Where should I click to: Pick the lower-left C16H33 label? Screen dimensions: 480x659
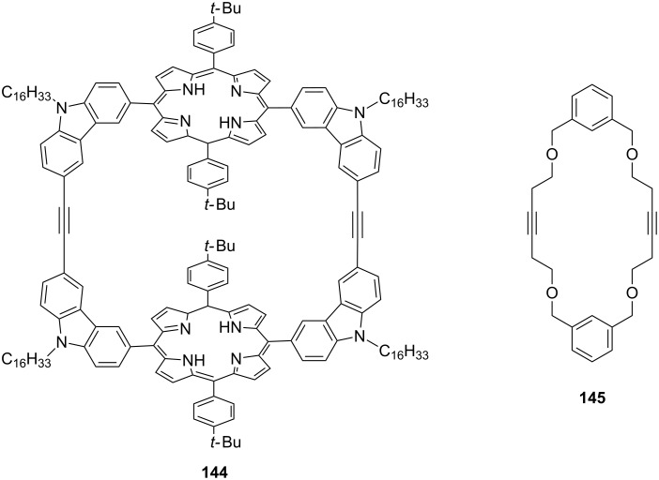click(25, 358)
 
